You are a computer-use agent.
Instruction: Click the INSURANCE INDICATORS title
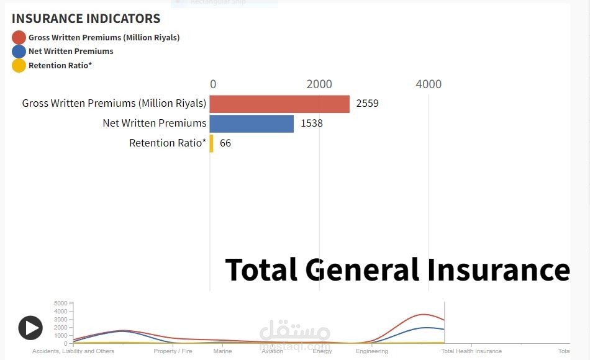tap(86, 19)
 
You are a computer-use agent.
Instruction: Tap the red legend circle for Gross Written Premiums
tap(19, 37)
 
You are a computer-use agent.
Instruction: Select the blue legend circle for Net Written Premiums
tap(19, 51)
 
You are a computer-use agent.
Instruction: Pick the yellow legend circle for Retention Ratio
tap(19, 65)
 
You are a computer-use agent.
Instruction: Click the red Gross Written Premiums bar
tap(279, 104)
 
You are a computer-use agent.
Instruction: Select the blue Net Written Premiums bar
tap(252, 124)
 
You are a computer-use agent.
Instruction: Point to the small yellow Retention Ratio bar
tap(212, 143)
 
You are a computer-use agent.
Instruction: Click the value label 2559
tap(367, 104)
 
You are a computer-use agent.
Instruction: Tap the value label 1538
tap(312, 124)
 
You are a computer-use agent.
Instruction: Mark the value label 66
tap(225, 143)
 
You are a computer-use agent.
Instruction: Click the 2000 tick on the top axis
tap(319, 84)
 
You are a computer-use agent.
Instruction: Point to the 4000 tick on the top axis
tap(429, 84)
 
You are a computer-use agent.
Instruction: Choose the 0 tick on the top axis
tap(213, 84)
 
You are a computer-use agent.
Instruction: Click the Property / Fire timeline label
tap(173, 351)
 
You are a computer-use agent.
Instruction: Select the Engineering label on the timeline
tap(372, 351)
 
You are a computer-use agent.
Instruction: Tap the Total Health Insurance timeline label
tap(471, 351)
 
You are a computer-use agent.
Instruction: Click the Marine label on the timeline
tap(222, 351)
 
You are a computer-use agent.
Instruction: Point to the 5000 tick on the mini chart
tap(61, 304)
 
